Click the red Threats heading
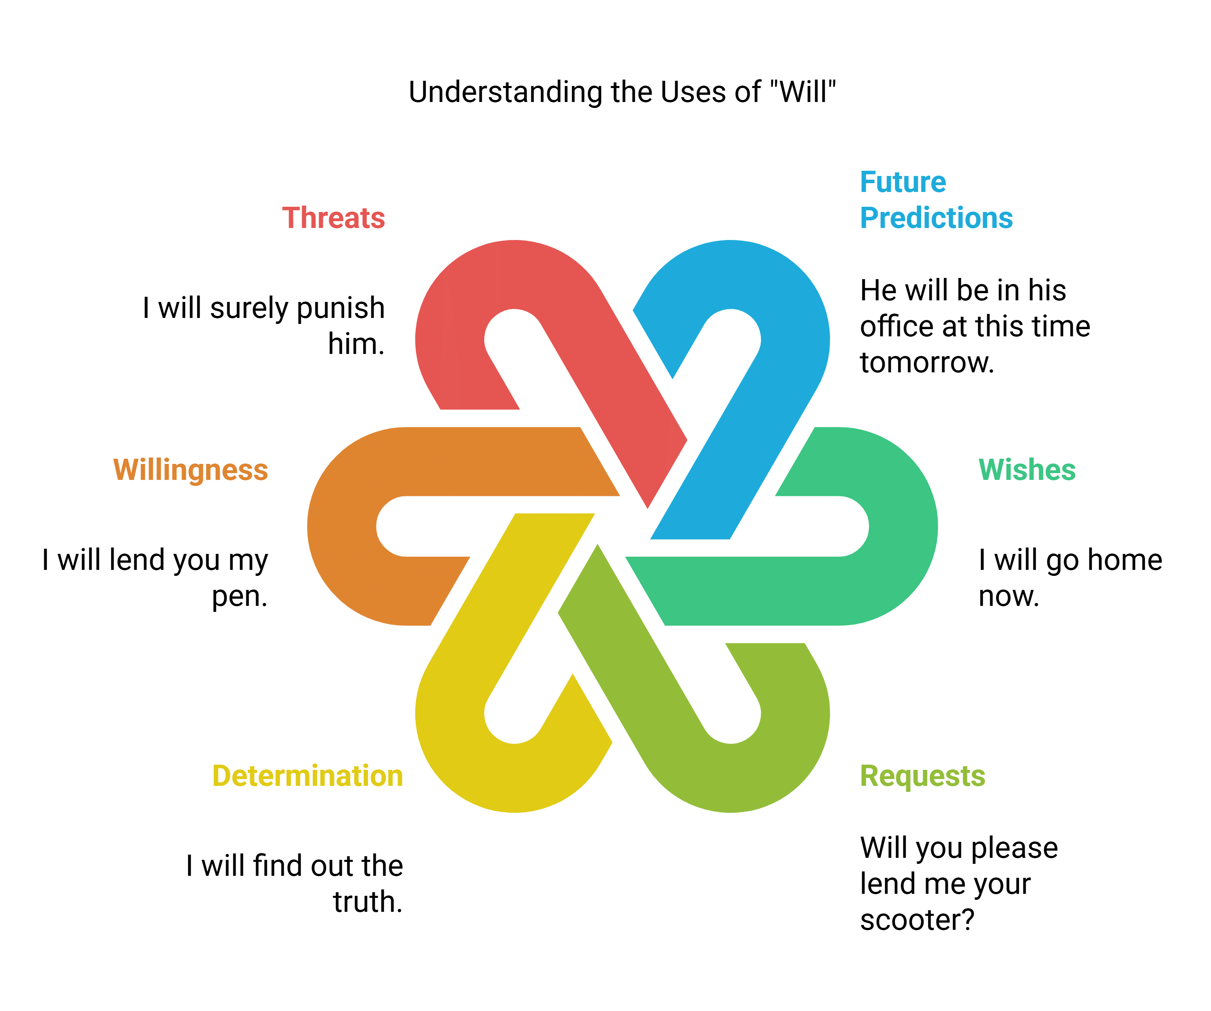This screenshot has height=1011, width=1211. (x=333, y=218)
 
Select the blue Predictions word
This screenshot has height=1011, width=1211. (x=936, y=218)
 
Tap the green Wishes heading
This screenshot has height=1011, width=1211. (x=1027, y=470)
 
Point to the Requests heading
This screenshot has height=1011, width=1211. (x=922, y=776)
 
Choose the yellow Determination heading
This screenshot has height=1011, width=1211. (x=307, y=776)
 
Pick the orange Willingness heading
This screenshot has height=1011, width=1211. (x=190, y=470)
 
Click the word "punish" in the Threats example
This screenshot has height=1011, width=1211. (x=344, y=308)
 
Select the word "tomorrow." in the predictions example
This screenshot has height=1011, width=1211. (x=927, y=363)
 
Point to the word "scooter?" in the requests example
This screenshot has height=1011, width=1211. (x=917, y=919)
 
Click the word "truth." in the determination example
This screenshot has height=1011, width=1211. (x=367, y=902)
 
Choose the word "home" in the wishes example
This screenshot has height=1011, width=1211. (x=1125, y=560)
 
